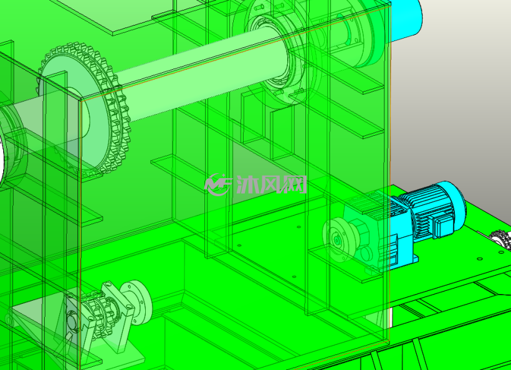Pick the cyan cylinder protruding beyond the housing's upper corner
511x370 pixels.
point(405,19)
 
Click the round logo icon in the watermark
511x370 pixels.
point(217,184)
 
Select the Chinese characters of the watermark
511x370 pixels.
point(272,184)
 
